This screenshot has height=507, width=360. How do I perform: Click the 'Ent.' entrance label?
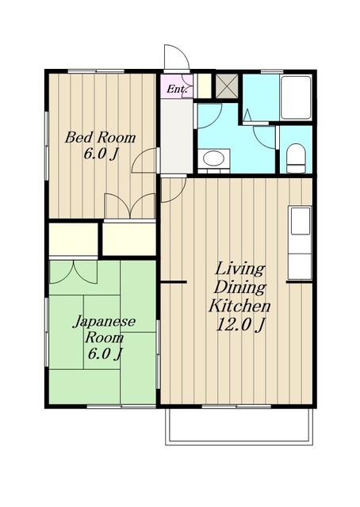[177, 89]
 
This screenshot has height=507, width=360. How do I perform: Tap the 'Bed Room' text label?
[100, 138]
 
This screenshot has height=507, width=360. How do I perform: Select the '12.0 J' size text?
[240, 325]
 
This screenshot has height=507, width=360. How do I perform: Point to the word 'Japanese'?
[104, 322]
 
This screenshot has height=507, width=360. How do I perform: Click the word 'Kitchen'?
[239, 306]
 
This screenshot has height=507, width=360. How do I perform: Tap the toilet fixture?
[296, 158]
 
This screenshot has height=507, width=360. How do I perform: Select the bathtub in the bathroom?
[296, 98]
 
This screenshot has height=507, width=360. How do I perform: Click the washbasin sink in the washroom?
[213, 159]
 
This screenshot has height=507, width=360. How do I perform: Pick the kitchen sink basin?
[301, 221]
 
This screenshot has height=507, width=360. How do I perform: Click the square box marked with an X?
[227, 86]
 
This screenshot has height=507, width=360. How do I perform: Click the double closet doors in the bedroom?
[130, 206]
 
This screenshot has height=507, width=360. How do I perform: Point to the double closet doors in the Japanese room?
[74, 273]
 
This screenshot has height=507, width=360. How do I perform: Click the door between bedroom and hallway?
[144, 160]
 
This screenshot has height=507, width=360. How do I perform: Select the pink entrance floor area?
[177, 86]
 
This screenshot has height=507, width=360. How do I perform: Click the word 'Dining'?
[240, 288]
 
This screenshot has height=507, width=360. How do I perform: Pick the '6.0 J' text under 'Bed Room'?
[101, 154]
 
